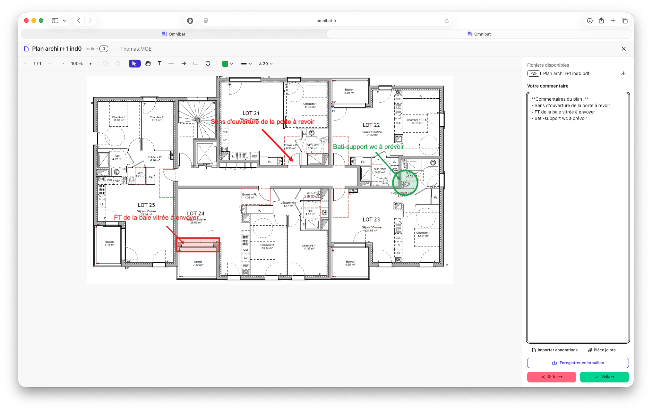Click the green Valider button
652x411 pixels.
pos(604,377)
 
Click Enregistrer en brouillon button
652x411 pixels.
pos(578,363)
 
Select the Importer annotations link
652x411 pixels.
pos(554,350)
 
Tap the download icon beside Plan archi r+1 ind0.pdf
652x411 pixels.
pos(623,73)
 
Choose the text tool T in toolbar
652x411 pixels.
pos(159,63)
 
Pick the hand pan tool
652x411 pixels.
pos(148,63)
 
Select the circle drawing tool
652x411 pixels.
pos(208,63)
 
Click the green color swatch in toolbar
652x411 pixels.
pos(225,64)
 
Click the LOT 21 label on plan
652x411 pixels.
pos(251,113)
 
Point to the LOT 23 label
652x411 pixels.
pos(371,220)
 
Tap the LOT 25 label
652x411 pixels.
pos(146,205)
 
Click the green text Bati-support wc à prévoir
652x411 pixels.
pos(368,147)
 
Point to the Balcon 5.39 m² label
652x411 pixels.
pos(349,91)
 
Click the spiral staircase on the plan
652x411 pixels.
pos(198,120)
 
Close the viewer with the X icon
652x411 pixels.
pos(623,49)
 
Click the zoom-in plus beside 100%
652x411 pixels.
pos(90,64)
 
